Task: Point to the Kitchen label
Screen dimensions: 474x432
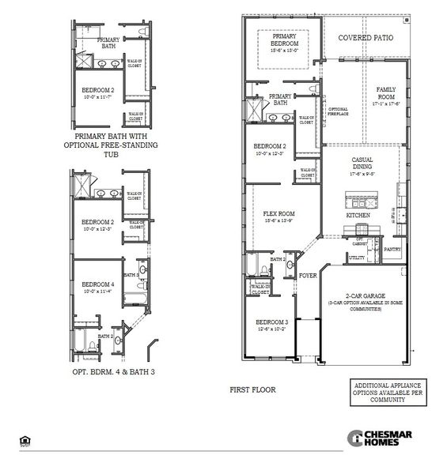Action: point(358,215)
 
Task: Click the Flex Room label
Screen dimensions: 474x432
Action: point(279,213)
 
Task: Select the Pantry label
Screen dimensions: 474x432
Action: point(392,250)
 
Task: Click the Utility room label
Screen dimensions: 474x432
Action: point(357,258)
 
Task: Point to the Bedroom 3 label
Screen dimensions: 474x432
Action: point(271,323)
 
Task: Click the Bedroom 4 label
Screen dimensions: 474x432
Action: point(98,284)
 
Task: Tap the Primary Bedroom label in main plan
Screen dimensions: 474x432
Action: point(283,40)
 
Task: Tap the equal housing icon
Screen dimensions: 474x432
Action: point(24,440)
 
